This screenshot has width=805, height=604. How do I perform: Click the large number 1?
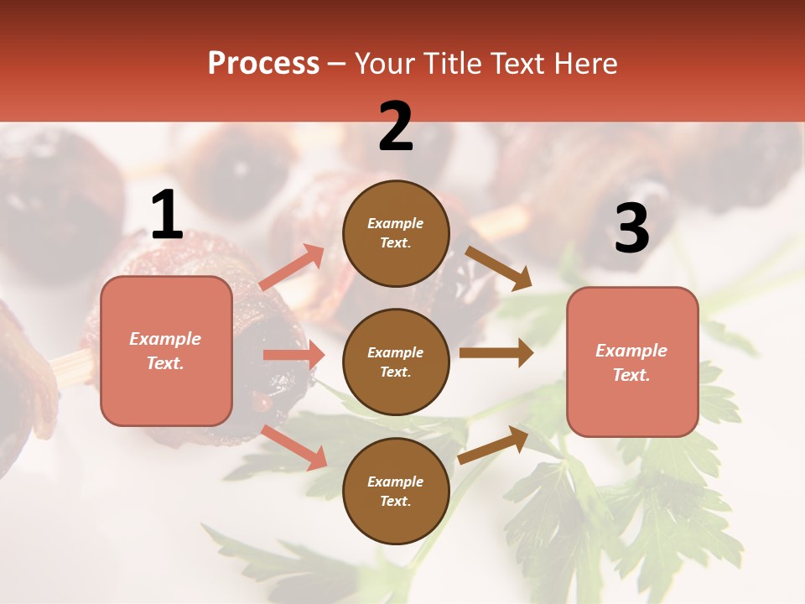coord(167,215)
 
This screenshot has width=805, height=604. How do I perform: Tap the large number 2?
coord(396,127)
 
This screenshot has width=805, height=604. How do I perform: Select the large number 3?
coord(631,228)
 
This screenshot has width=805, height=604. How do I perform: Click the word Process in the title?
coord(263,63)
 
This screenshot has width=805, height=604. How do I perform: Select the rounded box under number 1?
coord(166,351)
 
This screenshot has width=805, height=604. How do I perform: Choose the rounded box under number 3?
coord(632,362)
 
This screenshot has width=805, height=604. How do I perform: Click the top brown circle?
coord(396,233)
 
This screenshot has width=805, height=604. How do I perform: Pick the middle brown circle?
coord(396,362)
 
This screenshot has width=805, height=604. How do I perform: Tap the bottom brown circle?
coord(396,491)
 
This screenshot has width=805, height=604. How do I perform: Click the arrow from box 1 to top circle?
coord(292,267)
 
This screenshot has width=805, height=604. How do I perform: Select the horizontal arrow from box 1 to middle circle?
coord(293,355)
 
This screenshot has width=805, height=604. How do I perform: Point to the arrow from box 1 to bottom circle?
coord(294,447)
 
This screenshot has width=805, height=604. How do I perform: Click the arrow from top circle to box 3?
coord(499,268)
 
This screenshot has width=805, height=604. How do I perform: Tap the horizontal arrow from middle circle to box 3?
coord(496,353)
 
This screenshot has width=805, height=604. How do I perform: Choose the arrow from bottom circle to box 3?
coord(494,445)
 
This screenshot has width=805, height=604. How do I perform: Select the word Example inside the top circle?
coord(396,223)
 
